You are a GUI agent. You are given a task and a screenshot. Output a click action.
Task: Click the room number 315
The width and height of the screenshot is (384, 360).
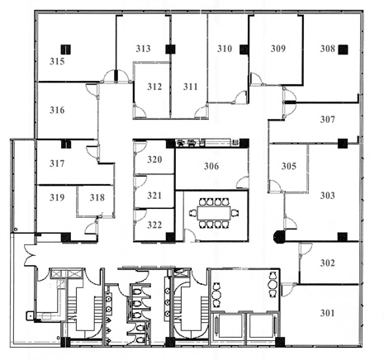point(57,61)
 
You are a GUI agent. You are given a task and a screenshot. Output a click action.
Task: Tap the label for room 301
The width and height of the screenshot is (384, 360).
point(327,313)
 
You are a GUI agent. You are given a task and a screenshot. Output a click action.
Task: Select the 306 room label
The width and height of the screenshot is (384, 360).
point(211,166)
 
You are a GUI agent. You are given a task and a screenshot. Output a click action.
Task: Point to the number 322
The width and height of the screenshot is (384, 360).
point(154,225)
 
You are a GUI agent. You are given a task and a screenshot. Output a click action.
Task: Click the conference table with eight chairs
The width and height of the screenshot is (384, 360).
point(214,213)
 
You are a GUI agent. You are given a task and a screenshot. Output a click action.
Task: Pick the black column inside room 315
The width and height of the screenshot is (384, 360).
point(66,50)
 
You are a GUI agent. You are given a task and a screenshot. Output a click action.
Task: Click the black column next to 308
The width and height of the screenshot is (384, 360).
point(343,50)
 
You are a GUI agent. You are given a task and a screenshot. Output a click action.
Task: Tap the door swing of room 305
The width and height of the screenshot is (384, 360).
point(275,186)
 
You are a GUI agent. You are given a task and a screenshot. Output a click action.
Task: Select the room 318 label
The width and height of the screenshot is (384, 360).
point(97,197)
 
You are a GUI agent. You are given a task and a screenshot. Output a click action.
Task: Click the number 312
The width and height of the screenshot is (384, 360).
point(154,87)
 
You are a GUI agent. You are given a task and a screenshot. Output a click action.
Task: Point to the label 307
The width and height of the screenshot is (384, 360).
point(327,120)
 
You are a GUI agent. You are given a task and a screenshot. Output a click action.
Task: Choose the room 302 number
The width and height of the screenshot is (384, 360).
point(327,263)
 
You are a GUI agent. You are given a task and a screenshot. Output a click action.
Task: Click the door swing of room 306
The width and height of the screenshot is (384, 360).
point(243,182)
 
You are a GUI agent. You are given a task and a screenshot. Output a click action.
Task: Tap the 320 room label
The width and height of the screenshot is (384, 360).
point(154,159)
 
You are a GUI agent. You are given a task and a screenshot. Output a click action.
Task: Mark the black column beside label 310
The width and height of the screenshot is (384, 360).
point(244,50)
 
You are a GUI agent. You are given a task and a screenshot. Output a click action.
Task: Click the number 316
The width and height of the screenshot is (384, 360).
point(57,111)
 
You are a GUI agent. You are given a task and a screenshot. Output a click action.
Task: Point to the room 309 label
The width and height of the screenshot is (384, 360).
point(278,49)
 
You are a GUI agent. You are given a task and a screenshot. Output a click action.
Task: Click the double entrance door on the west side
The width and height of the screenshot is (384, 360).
point(30,256)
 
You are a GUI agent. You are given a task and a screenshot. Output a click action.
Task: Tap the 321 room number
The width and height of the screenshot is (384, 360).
point(154,196)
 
